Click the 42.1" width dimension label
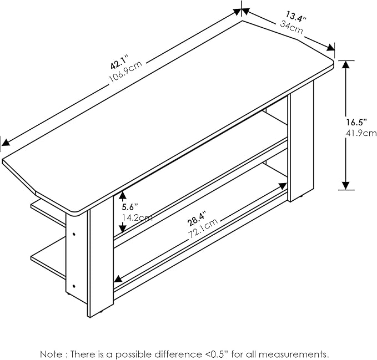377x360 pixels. pyautogui.click(x=119, y=62)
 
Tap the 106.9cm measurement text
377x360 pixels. pyautogui.click(x=125, y=72)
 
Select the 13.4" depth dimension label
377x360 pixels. pyautogui.click(x=296, y=17)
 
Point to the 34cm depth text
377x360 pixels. pyautogui.click(x=291, y=27)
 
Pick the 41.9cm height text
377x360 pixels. pyautogui.click(x=361, y=133)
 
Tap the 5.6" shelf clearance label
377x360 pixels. pyautogui.click(x=129, y=207)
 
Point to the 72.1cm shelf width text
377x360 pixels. pyautogui.click(x=203, y=228)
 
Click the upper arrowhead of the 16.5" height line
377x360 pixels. pyautogui.click(x=345, y=64)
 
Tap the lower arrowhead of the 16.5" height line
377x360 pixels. pyautogui.click(x=346, y=186)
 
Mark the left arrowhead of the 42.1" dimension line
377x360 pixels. pyautogui.click(x=6, y=143)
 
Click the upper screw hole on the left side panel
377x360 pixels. pyautogui.click(x=74, y=234)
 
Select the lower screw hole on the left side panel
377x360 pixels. pyautogui.click(x=74, y=286)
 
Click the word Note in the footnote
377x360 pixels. pyautogui.click(x=52, y=354)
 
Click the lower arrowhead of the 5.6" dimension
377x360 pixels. pyautogui.click(x=123, y=227)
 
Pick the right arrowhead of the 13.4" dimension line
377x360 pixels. pyautogui.click(x=330, y=48)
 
